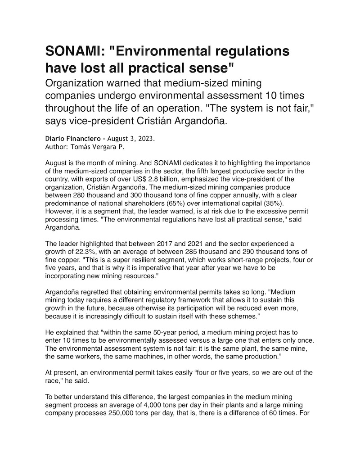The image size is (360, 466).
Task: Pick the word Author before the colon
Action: [56, 147]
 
